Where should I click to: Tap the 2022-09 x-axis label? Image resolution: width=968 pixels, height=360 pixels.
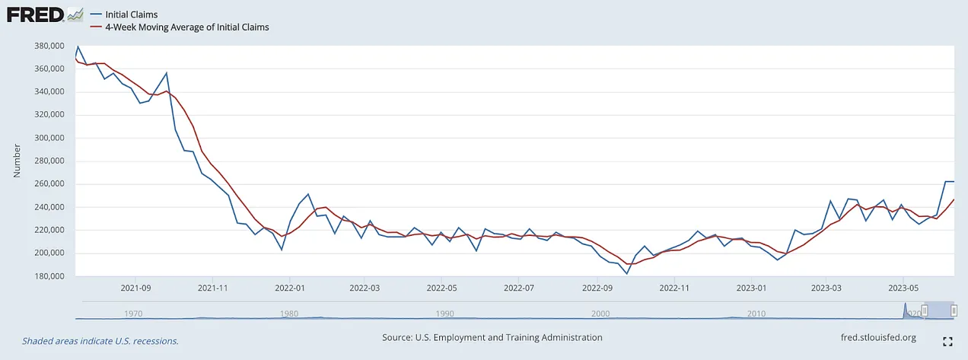point(597,288)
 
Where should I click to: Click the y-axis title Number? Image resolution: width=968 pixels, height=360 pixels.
point(17,161)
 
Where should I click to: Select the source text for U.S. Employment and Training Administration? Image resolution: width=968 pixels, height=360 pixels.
point(492,337)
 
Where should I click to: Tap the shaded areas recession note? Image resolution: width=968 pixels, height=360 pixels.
point(100,341)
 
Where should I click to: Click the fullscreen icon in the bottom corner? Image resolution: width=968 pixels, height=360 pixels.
point(948,342)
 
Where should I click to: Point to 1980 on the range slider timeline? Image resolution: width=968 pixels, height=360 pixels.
point(289,313)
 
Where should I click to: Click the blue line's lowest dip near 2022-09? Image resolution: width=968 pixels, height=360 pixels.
point(627,273)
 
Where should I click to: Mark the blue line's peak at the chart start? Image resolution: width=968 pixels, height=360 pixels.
point(78,46)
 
